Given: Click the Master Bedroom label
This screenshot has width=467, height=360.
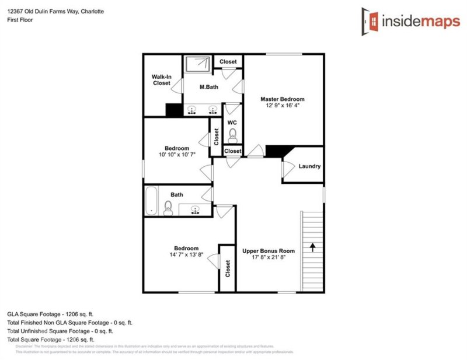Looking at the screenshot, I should (x=282, y=99).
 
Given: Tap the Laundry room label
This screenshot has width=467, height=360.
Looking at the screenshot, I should (x=309, y=166).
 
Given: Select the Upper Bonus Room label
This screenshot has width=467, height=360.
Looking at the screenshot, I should (x=269, y=251).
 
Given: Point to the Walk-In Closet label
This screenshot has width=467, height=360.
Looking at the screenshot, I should (x=161, y=80).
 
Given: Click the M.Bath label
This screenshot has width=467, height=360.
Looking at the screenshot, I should (x=208, y=88).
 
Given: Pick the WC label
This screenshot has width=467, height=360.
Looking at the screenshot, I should (x=232, y=123).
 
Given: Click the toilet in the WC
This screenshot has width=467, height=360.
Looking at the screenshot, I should (x=232, y=135).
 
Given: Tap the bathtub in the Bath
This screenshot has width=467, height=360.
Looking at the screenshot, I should (x=151, y=201).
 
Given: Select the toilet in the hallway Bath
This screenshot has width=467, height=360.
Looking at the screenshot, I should (x=168, y=208).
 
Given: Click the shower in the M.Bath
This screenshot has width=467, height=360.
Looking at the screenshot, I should (x=198, y=63).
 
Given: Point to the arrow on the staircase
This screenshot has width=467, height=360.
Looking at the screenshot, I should (x=313, y=247).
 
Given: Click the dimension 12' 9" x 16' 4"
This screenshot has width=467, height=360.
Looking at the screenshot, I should (x=282, y=106).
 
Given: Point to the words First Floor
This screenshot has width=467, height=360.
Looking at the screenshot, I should (x=20, y=20).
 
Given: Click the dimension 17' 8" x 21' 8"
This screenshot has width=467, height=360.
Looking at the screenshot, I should (x=269, y=257).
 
